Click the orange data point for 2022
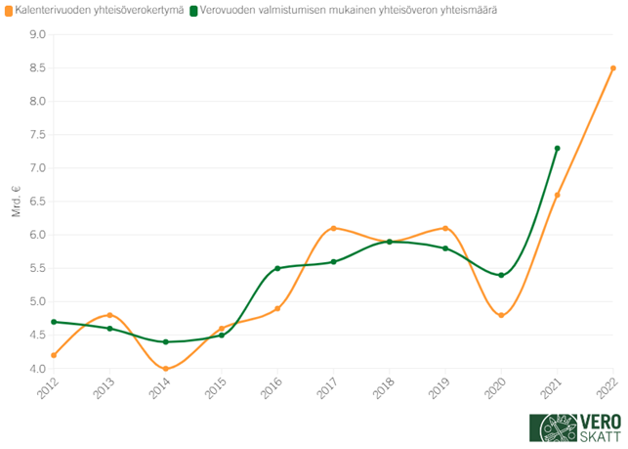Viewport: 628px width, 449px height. (613, 68)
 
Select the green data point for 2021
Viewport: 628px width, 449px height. (557, 149)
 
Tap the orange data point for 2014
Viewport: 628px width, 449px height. (166, 369)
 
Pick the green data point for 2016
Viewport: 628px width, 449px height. (277, 268)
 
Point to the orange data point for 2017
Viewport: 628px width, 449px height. (333, 228)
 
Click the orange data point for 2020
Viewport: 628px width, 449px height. (501, 315)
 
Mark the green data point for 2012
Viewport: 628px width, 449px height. (54, 322)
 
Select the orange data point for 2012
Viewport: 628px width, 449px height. (54, 355)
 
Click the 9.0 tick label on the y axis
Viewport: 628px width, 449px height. (38, 34)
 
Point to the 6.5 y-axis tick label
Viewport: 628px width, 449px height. (38, 202)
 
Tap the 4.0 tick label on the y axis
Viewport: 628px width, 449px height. (38, 369)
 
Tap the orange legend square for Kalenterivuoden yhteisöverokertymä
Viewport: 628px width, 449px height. (8, 11)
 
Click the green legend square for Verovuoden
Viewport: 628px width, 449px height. (194, 11)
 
